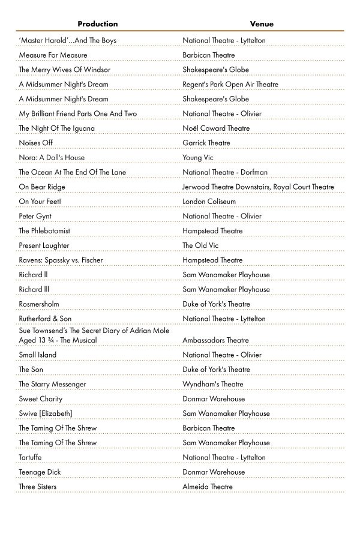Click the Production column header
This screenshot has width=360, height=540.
click(97, 24)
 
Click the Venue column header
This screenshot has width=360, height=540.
click(262, 24)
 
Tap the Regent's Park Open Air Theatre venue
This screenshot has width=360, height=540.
click(230, 85)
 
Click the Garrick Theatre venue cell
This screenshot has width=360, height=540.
click(206, 143)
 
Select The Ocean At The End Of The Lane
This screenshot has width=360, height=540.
click(72, 172)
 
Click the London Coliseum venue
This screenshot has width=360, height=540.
click(209, 202)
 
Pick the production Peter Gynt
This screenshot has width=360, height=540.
click(35, 216)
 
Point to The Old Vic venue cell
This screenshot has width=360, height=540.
click(200, 245)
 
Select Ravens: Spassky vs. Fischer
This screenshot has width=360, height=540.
click(61, 260)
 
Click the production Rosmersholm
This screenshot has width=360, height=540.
click(39, 304)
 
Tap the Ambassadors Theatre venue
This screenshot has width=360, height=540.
click(215, 340)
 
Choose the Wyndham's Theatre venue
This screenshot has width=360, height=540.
click(213, 384)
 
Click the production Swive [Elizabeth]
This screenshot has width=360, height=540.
click(46, 413)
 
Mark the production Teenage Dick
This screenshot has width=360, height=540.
click(40, 472)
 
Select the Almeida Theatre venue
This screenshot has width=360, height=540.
click(208, 487)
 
